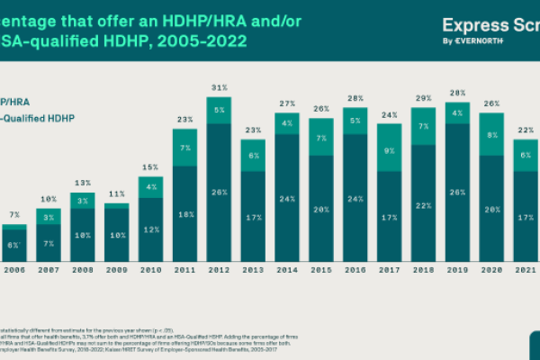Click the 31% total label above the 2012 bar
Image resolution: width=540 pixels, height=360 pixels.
pyautogui.click(x=219, y=87)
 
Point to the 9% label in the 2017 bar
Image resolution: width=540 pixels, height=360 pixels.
pyautogui.click(x=389, y=151)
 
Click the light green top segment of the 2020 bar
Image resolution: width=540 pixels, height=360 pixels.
pyautogui.click(x=491, y=134)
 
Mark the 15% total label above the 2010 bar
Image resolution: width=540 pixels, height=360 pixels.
pyautogui.click(x=150, y=166)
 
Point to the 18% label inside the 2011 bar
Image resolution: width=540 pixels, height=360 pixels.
pyautogui.click(x=184, y=214)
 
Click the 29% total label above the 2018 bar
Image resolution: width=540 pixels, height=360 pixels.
pyautogui.click(x=423, y=98)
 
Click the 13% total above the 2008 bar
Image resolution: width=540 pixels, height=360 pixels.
pyautogui.click(x=82, y=182)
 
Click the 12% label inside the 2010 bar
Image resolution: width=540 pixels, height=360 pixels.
pyautogui.click(x=150, y=229)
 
